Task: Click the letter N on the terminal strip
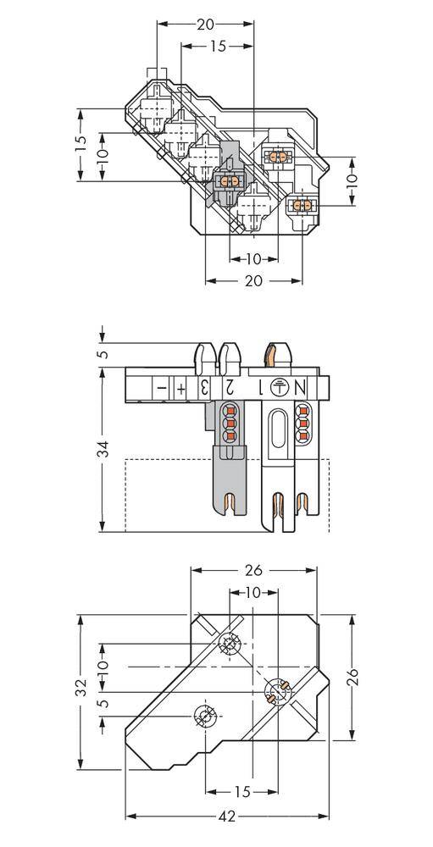pos(301,387)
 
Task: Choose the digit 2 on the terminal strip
pos(228,387)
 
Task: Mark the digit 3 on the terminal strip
pos(203,387)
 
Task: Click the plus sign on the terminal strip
pos(181,387)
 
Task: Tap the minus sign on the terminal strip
pos(159,387)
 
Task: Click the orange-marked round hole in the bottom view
pos(276,692)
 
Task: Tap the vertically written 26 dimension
pos(354,676)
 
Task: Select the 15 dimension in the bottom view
pos(241,791)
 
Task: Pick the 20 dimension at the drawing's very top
pos(205,25)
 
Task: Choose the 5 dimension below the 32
pos(102,704)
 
